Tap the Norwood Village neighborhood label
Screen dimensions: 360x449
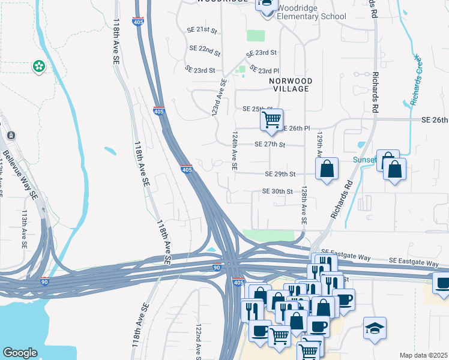point(290,85)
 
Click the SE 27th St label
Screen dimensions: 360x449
point(270,145)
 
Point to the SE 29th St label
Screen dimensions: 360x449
point(281,174)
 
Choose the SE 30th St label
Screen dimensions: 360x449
point(277,191)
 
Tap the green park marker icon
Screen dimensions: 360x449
point(39,66)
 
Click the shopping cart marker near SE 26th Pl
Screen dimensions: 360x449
point(271,119)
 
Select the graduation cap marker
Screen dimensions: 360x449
point(375,328)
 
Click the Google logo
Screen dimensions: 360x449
point(20,353)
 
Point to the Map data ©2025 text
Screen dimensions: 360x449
point(423,355)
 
